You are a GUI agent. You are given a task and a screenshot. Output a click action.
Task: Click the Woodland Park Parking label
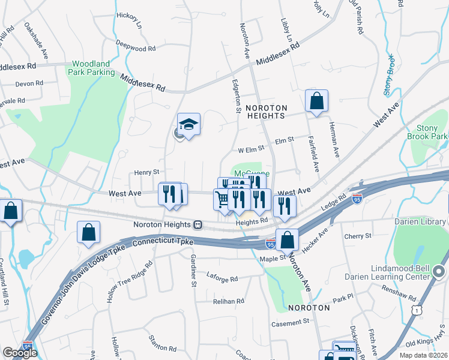pos(93,68)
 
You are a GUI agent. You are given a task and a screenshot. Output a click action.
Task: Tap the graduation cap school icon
pos(189,125)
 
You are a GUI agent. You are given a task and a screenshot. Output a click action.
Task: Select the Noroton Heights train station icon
pos(197,224)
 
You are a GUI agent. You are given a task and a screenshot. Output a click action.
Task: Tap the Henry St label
pos(146,172)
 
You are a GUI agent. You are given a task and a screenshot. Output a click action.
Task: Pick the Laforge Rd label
pos(222,279)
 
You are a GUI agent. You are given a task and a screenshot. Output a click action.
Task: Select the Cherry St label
pos(359,236)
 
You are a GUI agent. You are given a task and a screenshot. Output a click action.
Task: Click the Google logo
pos(20,352)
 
